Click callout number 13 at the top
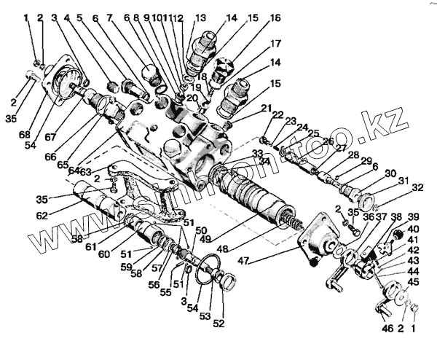[x=200, y=17]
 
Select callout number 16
[x=275, y=17]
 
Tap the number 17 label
[x=276, y=43]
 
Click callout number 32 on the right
[x=417, y=188]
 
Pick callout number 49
[x=206, y=238]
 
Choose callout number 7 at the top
[x=109, y=17]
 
